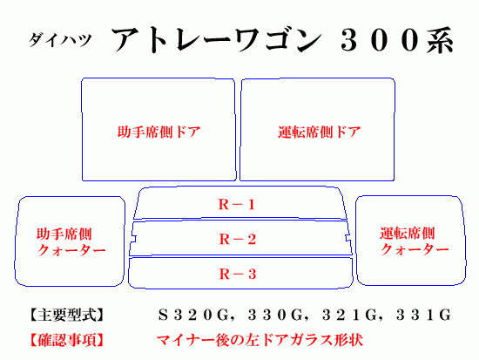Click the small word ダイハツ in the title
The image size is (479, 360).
60,40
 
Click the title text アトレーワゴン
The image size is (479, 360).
217,40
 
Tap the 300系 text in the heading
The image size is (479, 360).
397,40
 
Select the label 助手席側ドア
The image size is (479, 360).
159,132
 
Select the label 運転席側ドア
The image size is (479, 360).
320,132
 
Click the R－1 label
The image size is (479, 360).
237,204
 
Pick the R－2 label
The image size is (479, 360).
238,239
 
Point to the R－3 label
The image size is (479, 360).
238,274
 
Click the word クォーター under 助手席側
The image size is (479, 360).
71,250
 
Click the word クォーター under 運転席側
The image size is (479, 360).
415,249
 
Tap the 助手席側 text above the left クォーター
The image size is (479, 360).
64,234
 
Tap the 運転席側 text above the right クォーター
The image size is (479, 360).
408,234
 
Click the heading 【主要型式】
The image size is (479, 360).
66,315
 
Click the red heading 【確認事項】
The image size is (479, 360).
66,340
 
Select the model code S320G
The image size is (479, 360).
193,315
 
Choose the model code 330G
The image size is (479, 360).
275,315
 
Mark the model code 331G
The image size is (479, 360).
424,315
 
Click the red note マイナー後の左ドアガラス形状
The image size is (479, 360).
260,340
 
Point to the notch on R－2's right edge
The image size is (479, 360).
347,238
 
